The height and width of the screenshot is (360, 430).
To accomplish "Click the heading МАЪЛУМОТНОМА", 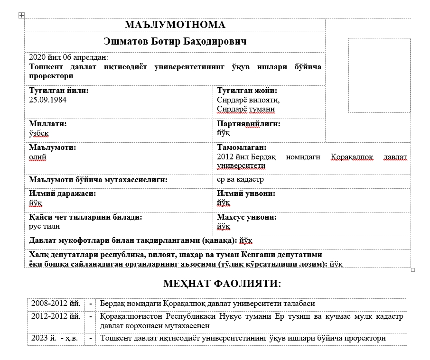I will [x=175, y=25].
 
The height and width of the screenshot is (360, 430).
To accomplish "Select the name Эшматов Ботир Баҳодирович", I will [x=175, y=42].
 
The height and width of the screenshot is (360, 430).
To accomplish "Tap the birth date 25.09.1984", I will [x=47, y=100].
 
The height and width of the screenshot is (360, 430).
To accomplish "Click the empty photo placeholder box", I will [x=379, y=75].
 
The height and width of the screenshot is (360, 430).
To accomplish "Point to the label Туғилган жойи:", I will [x=247, y=91].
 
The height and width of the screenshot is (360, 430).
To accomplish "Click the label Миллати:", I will [x=48, y=123].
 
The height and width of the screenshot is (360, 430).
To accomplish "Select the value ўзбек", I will [x=39, y=133].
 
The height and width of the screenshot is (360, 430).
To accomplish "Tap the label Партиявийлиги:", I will [x=248, y=123].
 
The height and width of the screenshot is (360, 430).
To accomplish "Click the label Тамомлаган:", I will [x=242, y=148].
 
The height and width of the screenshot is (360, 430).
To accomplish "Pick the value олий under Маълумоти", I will [x=37, y=157].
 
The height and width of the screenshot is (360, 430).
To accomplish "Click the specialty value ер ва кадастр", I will [x=240, y=180].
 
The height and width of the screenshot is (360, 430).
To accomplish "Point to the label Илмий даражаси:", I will [x=62, y=194].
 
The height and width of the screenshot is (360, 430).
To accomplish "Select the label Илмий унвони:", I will [x=246, y=194].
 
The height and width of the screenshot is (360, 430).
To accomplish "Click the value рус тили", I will [x=44, y=226].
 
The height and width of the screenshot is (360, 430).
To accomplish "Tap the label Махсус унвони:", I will [x=247, y=217].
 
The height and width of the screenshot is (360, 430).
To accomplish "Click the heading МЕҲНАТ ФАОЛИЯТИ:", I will [x=222, y=284].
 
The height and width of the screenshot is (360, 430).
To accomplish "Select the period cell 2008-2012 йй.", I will [x=55, y=304].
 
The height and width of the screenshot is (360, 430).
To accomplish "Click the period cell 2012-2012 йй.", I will [x=55, y=315].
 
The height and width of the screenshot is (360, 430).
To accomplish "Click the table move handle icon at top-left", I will [x=21, y=16].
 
